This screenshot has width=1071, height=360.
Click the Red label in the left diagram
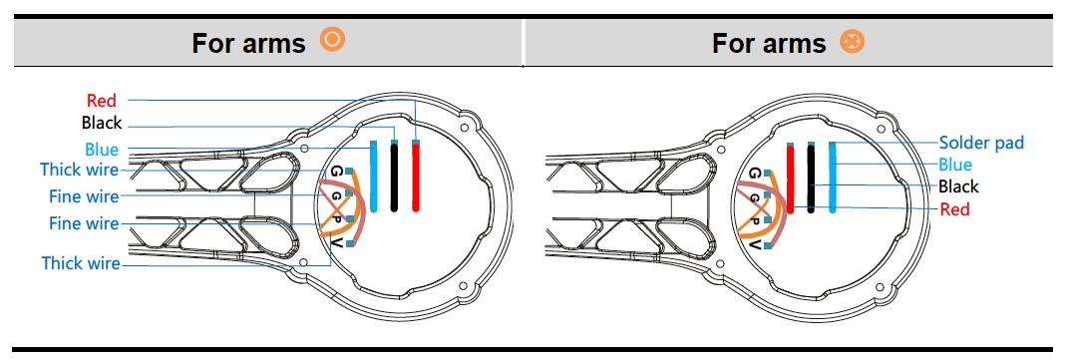tap(101, 101)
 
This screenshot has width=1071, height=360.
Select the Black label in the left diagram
tap(101, 123)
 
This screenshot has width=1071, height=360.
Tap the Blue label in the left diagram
tap(102, 150)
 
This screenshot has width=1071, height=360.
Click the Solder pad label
tap(981, 143)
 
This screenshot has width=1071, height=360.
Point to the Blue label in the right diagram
tap(955, 165)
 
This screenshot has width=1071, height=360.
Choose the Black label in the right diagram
tap(958, 186)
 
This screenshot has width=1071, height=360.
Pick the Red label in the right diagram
tap(954, 209)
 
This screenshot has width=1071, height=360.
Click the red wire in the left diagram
tap(415, 177)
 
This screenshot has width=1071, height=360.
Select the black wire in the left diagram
tap(394, 177)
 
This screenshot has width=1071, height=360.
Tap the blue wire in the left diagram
tap(373, 177)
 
